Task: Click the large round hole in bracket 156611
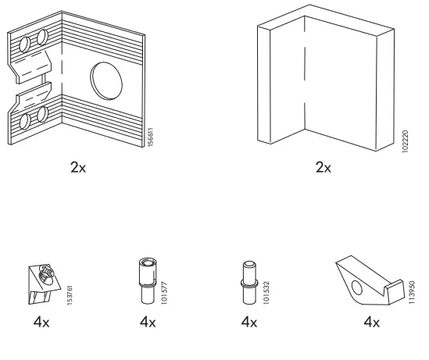click(105, 79)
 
